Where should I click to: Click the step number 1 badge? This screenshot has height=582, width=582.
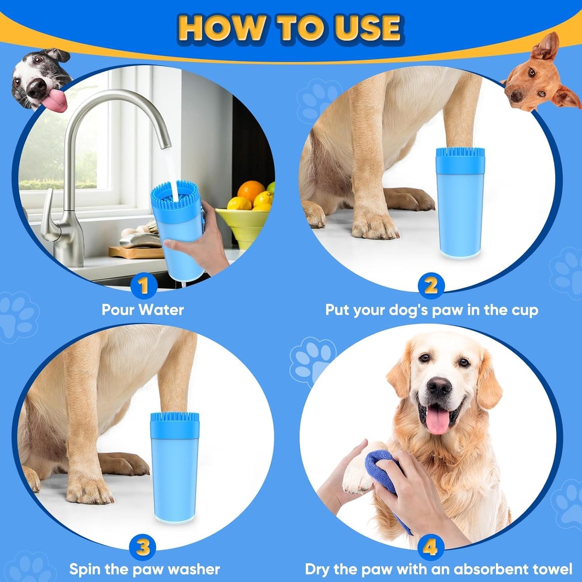pos(143,286)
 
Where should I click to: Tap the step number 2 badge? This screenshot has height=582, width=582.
pos(431,286)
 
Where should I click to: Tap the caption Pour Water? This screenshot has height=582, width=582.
pos(143,310)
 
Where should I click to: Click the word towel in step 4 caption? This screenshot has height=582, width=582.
pos(551,570)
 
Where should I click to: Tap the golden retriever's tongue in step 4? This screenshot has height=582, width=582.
pos(437,422)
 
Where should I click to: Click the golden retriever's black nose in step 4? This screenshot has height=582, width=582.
pos(439,387)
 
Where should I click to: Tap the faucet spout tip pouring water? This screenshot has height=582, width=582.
pos(165,143)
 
